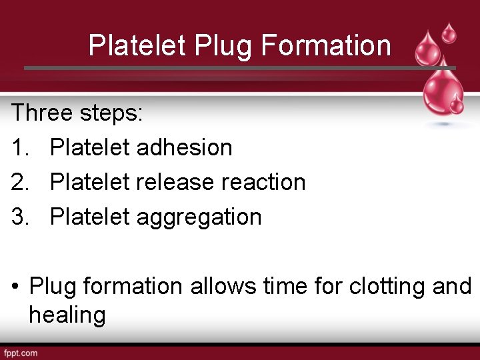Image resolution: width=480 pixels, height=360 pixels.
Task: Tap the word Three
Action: tap(41, 113)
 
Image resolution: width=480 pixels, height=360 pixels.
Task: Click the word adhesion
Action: tap(184, 147)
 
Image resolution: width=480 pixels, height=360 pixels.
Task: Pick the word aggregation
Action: tap(199, 217)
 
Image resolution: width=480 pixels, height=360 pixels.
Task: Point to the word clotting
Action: tap(389, 287)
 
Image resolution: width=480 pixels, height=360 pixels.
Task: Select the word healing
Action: tap(67, 315)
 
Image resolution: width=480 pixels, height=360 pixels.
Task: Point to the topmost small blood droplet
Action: tap(450, 32)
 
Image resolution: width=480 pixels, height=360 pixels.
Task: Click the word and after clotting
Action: tap(452, 287)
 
